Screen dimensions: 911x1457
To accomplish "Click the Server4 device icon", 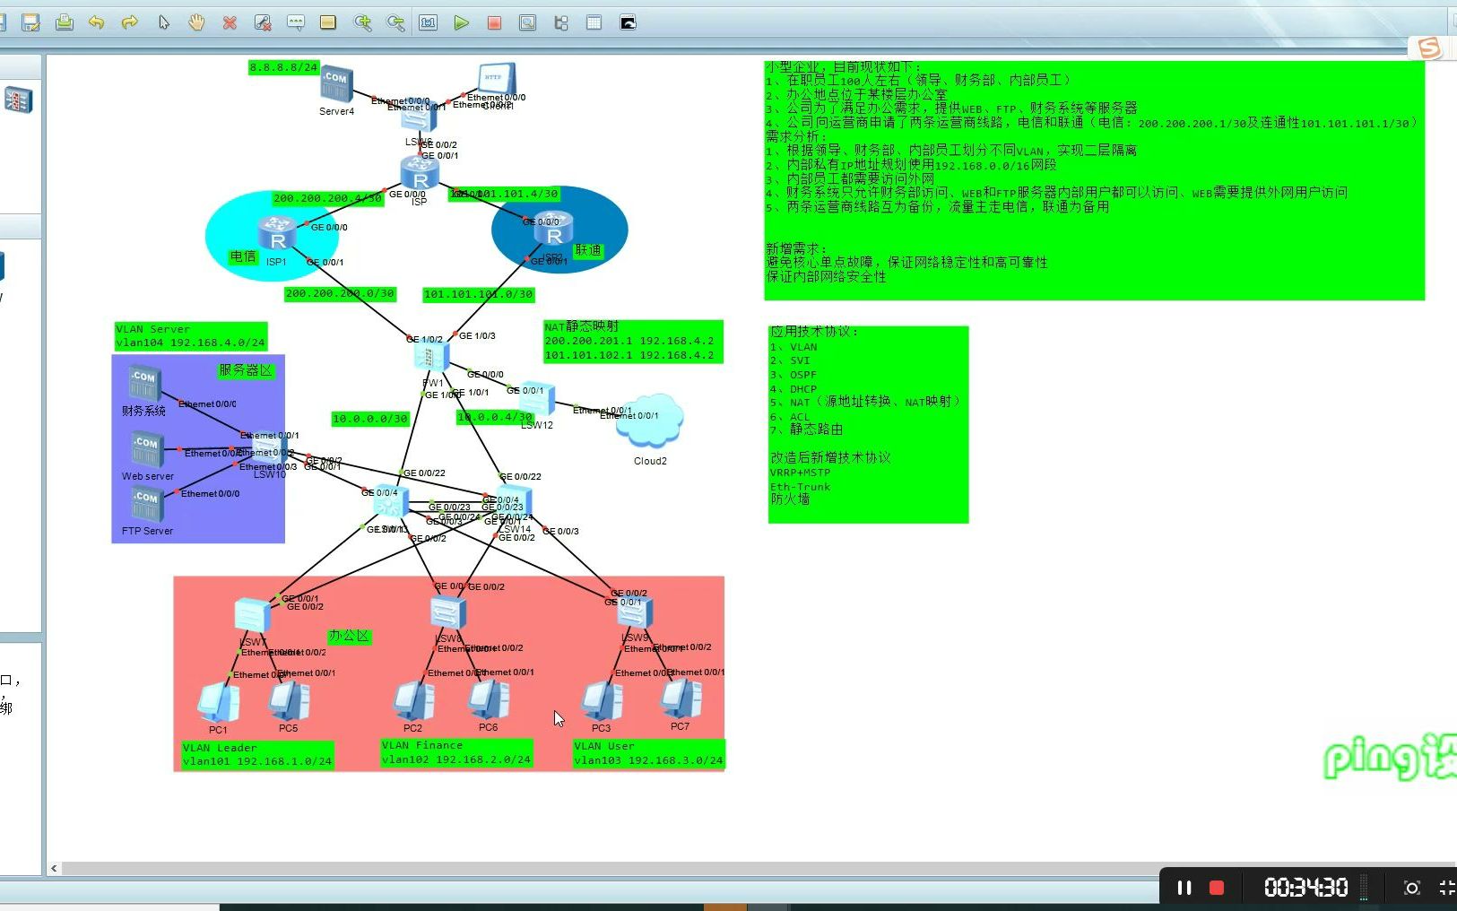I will (336, 83).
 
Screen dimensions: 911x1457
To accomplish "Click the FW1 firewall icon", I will (431, 358).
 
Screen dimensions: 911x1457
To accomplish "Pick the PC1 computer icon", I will (218, 703).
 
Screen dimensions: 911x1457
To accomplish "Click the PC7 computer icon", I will (681, 699).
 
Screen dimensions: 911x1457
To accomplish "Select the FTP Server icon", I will (146, 507).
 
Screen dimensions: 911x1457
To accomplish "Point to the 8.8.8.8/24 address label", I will (284, 67).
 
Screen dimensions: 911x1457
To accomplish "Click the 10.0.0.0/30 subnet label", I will (369, 419).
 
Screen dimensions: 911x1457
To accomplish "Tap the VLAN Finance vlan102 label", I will (456, 752).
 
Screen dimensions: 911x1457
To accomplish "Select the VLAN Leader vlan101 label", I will (257, 755).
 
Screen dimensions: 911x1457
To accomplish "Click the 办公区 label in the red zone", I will (349, 636).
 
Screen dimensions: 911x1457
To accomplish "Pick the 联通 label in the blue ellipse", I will (588, 250).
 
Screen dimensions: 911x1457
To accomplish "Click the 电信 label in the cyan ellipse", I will (243, 256).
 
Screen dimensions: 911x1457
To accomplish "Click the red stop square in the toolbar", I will (494, 23).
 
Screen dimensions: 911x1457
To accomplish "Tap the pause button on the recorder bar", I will (1184, 888).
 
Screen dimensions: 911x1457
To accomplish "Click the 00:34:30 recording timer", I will (1305, 888).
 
